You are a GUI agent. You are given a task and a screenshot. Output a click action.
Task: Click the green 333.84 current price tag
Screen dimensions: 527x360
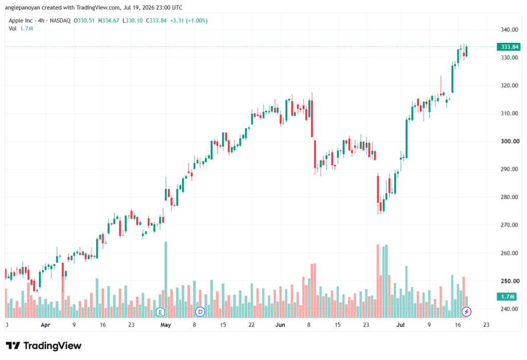click(508, 47)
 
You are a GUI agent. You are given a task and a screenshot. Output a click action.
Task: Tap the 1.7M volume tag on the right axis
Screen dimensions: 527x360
click(507, 297)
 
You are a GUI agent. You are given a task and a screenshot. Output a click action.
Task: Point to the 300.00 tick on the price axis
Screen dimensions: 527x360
click(510, 141)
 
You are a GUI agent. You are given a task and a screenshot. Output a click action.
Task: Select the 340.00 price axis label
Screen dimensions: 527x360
click(509, 29)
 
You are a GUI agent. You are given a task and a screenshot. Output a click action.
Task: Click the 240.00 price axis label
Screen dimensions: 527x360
click(509, 309)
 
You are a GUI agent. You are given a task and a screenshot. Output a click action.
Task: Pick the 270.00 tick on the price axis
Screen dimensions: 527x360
click(509, 225)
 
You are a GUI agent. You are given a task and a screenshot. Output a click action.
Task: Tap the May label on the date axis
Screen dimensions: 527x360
click(166, 325)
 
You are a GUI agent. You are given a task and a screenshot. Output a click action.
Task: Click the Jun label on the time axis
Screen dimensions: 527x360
click(280, 325)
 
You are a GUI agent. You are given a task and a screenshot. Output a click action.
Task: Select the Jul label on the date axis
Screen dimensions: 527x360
click(400, 325)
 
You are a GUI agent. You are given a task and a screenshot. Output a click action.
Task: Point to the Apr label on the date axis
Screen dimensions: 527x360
click(45, 325)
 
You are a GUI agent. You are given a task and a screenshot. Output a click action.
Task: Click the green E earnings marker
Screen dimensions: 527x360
click(161, 312)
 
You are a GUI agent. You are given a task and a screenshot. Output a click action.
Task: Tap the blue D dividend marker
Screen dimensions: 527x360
click(200, 312)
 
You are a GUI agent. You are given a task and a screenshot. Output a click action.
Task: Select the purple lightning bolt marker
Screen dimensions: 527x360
click(466, 312)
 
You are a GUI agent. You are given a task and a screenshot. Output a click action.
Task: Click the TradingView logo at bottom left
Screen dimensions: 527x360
click(44, 346)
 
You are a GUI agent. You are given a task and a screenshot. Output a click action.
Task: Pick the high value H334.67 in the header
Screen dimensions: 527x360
click(109, 21)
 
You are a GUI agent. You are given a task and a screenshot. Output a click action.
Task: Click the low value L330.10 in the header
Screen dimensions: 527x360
click(132, 21)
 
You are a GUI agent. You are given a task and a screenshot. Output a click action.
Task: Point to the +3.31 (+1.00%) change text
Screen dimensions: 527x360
click(188, 21)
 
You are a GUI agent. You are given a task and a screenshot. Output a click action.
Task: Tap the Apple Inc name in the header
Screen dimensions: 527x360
click(21, 21)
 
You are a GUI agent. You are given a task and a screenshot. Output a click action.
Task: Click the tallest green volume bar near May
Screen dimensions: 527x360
click(166, 280)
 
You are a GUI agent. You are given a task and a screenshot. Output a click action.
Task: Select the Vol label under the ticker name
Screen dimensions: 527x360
click(12, 29)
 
